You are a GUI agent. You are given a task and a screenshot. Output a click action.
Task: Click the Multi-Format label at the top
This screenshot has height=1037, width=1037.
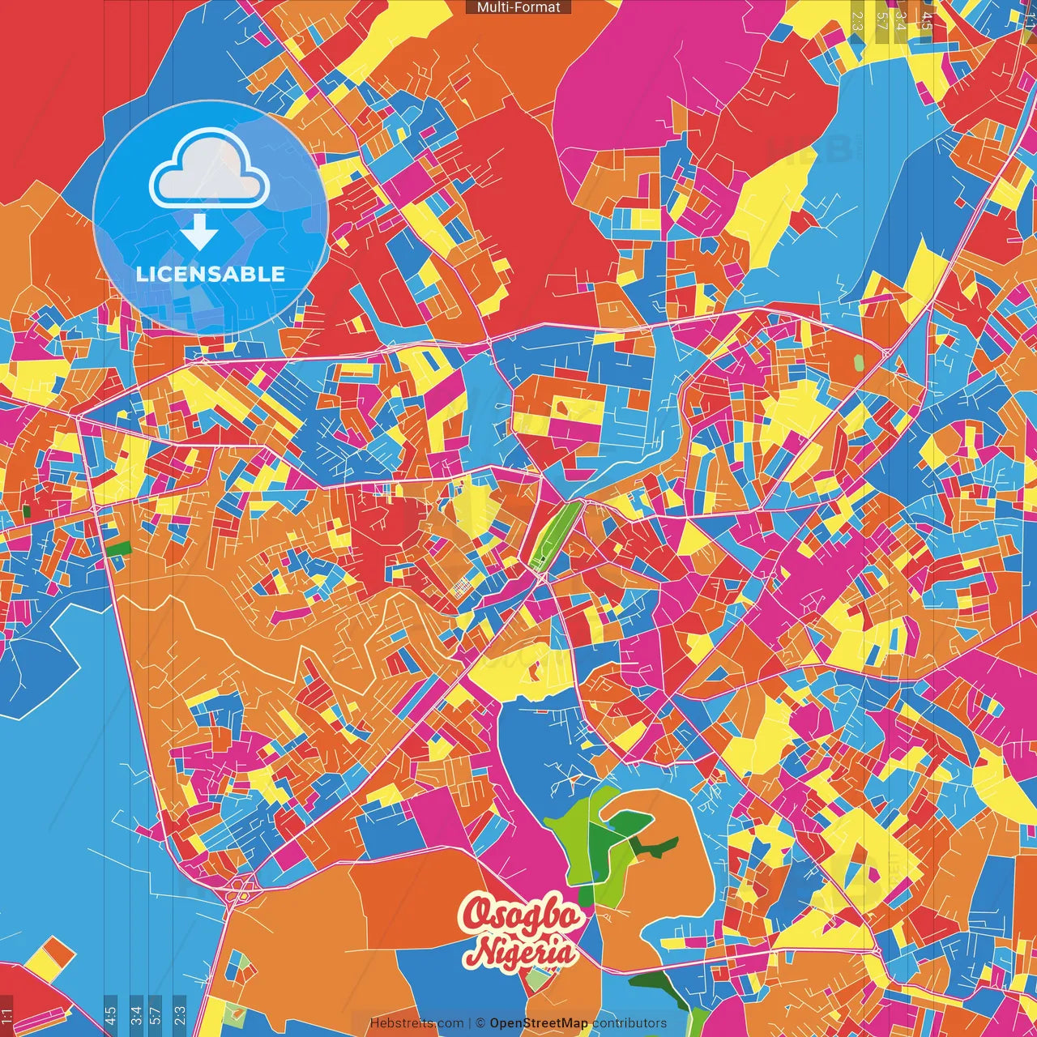pyautogui.click(x=518, y=7)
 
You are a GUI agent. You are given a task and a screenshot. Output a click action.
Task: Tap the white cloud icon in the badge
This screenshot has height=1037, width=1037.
pyautogui.click(x=210, y=168)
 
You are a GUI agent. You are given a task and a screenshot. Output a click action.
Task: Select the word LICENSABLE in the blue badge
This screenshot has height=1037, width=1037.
pyautogui.click(x=211, y=274)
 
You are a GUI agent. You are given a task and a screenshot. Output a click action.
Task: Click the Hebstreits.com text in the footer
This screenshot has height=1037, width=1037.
pyautogui.click(x=416, y=1023)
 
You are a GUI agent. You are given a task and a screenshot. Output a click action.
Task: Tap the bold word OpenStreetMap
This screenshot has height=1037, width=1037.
pyautogui.click(x=539, y=1023)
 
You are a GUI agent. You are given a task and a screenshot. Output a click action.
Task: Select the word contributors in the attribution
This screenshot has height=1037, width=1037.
pyautogui.click(x=629, y=1023)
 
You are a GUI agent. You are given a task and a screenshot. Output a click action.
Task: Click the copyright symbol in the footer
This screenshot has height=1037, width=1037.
pyautogui.click(x=480, y=1023)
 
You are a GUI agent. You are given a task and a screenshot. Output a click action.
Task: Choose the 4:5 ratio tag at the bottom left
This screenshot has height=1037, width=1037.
pyautogui.click(x=111, y=1014)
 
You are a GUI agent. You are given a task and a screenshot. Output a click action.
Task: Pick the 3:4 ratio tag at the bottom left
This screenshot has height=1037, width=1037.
pyautogui.click(x=135, y=1014)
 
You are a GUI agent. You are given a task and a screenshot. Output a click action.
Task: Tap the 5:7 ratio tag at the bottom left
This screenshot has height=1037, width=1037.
pyautogui.click(x=156, y=1014)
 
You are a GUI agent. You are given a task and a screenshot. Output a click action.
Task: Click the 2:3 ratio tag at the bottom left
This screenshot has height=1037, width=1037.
pyautogui.click(x=180, y=1014)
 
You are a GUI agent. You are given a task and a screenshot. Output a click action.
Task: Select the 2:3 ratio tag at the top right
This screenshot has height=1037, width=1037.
pyautogui.click(x=857, y=20)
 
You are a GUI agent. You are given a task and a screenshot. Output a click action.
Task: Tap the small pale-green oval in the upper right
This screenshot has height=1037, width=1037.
pyautogui.click(x=859, y=362)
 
